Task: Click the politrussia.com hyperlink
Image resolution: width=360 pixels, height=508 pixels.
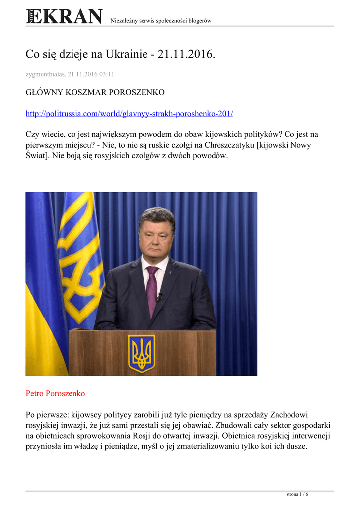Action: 129,114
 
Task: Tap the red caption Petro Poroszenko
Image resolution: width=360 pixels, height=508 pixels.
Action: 55,393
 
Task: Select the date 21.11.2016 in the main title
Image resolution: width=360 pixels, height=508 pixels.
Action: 186,54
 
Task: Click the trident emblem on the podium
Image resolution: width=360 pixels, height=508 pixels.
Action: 142,352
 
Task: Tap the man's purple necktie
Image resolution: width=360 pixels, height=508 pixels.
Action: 152,290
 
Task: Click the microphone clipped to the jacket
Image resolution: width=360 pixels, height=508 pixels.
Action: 160,297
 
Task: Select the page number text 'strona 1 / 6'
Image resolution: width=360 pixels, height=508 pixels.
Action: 297,494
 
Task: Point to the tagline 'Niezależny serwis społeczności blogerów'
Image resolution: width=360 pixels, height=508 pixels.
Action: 160,20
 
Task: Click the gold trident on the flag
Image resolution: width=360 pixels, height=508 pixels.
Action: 79,248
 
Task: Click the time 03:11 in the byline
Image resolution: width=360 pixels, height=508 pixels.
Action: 106,74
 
